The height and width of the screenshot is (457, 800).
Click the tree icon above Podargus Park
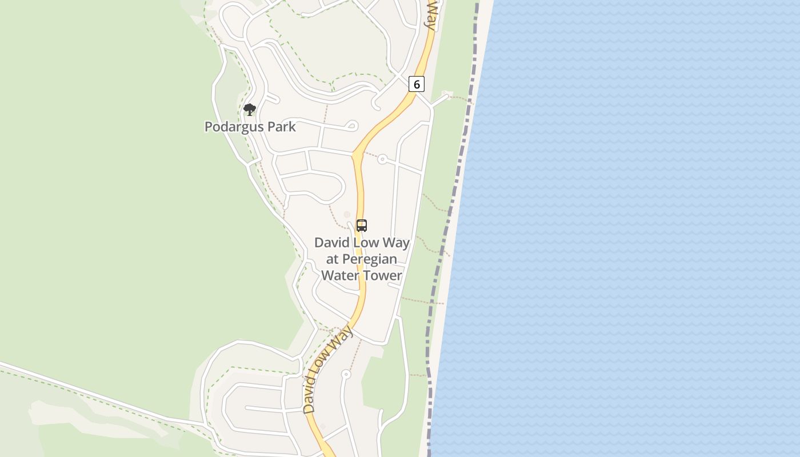pyautogui.click(x=249, y=109)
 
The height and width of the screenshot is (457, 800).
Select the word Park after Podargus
pyautogui.click(x=282, y=127)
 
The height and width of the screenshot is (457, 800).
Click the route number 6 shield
pyautogui.click(x=417, y=85)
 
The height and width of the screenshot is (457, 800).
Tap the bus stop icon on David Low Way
pyautogui.click(x=362, y=225)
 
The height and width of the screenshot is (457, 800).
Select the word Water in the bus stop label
pyautogui.click(x=339, y=275)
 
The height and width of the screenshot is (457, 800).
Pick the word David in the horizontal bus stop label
pyautogui.click(x=331, y=243)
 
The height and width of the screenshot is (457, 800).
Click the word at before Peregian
pyautogui.click(x=333, y=259)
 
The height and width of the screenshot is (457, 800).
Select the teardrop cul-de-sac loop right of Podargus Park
pyautogui.click(x=352, y=125)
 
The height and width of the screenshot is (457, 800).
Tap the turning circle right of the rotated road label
pyautogui.click(x=346, y=375)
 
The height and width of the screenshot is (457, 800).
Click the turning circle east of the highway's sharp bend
pyautogui.click(x=382, y=159)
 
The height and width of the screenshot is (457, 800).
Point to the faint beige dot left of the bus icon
pyautogui.click(x=347, y=215)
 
